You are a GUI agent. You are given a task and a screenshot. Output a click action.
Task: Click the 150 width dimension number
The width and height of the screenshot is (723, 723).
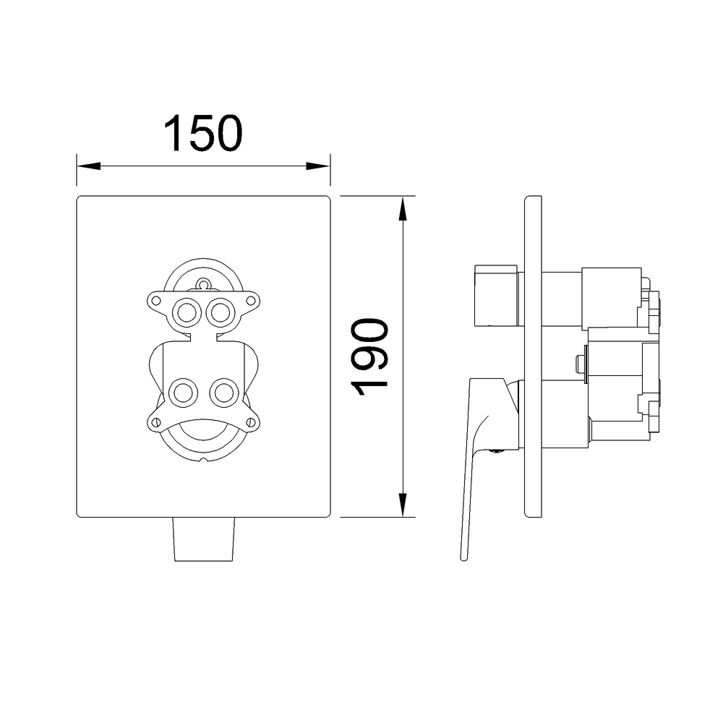click(203, 133)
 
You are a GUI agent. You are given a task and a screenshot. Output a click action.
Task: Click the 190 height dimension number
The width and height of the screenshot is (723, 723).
click(369, 357)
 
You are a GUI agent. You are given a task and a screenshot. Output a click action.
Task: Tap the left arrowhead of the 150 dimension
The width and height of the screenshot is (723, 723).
click(88, 166)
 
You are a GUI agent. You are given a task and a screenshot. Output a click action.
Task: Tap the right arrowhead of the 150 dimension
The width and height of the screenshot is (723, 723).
click(318, 166)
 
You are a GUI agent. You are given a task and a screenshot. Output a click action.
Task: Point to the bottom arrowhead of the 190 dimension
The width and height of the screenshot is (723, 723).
click(403, 505)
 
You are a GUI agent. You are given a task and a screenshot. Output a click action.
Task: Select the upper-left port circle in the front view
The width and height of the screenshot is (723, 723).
click(187, 312)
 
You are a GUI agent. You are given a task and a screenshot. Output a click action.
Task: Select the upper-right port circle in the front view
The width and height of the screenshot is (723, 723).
click(220, 312)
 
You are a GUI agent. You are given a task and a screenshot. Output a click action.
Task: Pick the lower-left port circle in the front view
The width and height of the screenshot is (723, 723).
click(184, 393)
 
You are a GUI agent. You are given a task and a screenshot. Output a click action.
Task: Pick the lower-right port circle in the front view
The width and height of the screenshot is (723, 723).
click(223, 393)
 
